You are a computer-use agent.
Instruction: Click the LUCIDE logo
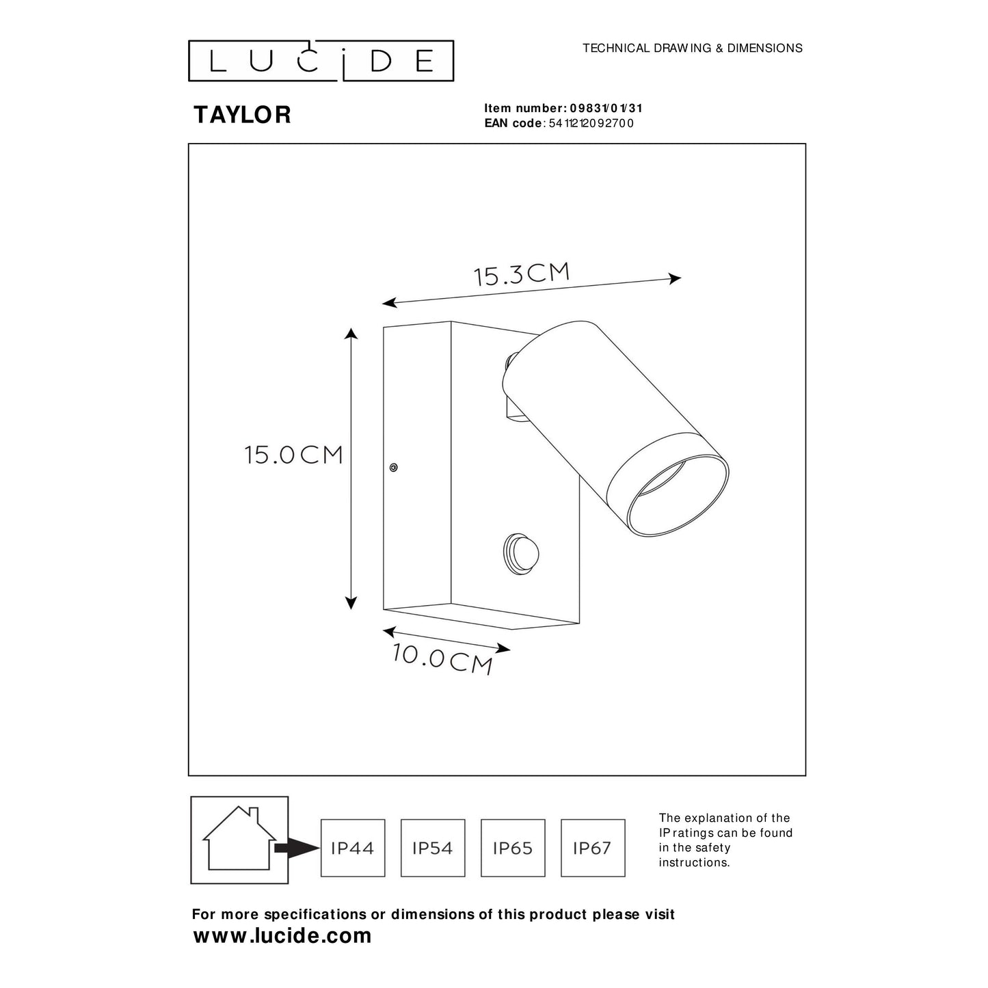click(x=321, y=60)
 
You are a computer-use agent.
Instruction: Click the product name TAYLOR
click(x=242, y=115)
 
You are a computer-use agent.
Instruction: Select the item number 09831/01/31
click(x=606, y=108)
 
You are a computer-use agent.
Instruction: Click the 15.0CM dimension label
click(x=294, y=455)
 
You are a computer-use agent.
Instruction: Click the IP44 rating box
click(x=353, y=848)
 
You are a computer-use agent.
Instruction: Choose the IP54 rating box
click(x=433, y=848)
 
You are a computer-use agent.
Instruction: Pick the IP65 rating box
click(x=513, y=848)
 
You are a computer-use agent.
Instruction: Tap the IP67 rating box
click(x=593, y=848)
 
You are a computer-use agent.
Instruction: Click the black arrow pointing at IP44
click(x=297, y=849)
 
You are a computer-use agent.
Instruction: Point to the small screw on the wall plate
click(x=392, y=468)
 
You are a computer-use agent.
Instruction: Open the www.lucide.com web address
click(x=282, y=935)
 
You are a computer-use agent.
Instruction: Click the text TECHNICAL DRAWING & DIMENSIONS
click(x=692, y=48)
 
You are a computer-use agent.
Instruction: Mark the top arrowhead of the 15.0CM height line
click(x=351, y=334)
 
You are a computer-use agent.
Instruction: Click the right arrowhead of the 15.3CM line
click(x=675, y=278)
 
